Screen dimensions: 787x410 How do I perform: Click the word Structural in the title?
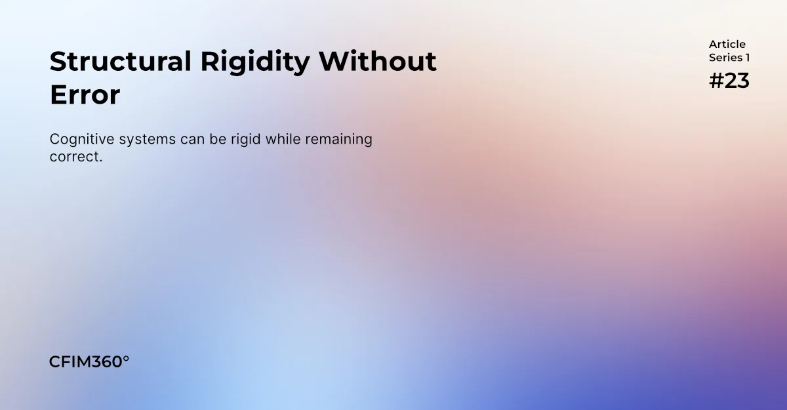pyautogui.click(x=121, y=62)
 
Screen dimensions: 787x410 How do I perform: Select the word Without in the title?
pyautogui.click(x=378, y=62)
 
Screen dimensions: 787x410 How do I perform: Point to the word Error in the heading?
pyautogui.click(x=85, y=95)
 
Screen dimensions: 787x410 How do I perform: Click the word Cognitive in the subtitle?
pyautogui.click(x=82, y=140)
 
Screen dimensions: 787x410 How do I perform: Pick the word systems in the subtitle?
pyautogui.click(x=147, y=140)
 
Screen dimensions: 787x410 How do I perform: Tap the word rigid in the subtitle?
pyautogui.click(x=245, y=140)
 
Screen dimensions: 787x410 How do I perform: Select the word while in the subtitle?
pyautogui.click(x=283, y=139)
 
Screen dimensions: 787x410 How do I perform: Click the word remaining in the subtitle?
pyautogui.click(x=338, y=140)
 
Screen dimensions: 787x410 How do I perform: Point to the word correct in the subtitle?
pyautogui.click(x=74, y=157)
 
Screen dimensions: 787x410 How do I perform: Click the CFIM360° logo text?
pyautogui.click(x=89, y=362)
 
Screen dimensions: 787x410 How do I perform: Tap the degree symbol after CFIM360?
pyautogui.click(x=126, y=359)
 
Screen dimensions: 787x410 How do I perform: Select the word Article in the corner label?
pyautogui.click(x=727, y=44)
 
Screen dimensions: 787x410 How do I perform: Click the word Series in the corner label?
pyautogui.click(x=725, y=58)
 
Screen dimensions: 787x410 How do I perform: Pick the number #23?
pyautogui.click(x=729, y=81)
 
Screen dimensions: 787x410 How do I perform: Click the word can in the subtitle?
pyautogui.click(x=193, y=140)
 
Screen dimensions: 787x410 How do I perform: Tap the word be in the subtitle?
pyautogui.click(x=218, y=139)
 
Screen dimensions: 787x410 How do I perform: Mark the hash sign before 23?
pyautogui.click(x=716, y=81)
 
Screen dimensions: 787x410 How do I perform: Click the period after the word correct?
pyautogui.click(x=101, y=161)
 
